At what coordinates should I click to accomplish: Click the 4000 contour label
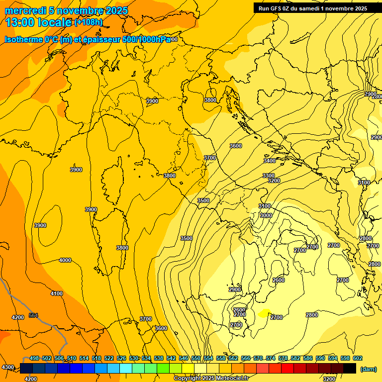pos(65,260)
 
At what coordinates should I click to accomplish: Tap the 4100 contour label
pos(57,293)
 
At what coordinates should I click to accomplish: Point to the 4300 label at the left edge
pos(7,367)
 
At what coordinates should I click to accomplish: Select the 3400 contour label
pos(270,161)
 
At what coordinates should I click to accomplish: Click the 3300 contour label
pos(269,176)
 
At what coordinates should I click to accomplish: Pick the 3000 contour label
pos(266,215)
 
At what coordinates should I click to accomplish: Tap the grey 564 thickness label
pos(33,315)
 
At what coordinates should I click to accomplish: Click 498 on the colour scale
pos(34,358)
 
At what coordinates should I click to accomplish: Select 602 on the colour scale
pos(357,358)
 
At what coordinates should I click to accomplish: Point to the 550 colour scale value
pos(195,358)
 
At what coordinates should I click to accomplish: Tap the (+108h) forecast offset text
pos(88,22)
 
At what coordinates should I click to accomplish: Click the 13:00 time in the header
pos(20,22)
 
